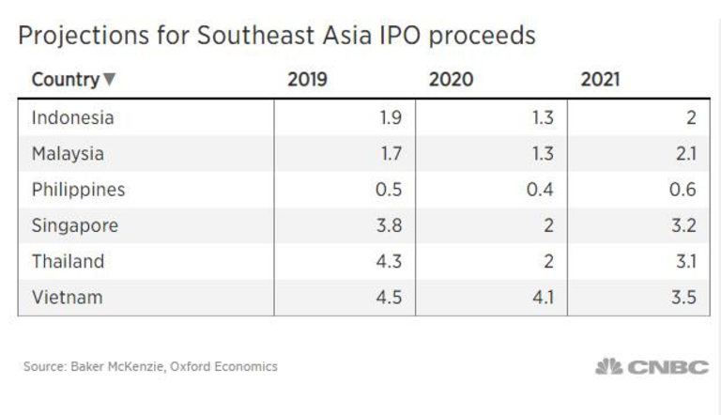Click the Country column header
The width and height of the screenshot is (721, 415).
(x=65, y=79)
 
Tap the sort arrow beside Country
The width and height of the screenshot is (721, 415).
(x=110, y=80)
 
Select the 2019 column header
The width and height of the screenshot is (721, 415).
(x=307, y=79)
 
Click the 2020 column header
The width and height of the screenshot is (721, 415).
(x=449, y=79)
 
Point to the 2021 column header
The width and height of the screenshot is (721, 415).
(x=600, y=79)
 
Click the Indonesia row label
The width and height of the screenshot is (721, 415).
(x=72, y=117)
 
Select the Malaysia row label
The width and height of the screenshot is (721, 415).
(x=68, y=153)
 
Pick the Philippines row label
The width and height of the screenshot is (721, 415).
(x=78, y=190)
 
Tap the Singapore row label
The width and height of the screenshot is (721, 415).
(x=74, y=225)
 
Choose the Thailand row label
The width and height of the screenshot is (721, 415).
(x=68, y=261)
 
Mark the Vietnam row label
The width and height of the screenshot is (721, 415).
(x=67, y=298)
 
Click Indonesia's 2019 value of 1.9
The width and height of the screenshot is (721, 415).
(x=390, y=117)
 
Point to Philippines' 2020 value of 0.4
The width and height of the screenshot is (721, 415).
(x=540, y=190)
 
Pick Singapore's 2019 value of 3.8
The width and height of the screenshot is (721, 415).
(x=389, y=225)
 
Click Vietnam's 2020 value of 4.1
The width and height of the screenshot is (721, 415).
(x=541, y=298)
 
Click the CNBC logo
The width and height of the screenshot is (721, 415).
(x=652, y=366)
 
